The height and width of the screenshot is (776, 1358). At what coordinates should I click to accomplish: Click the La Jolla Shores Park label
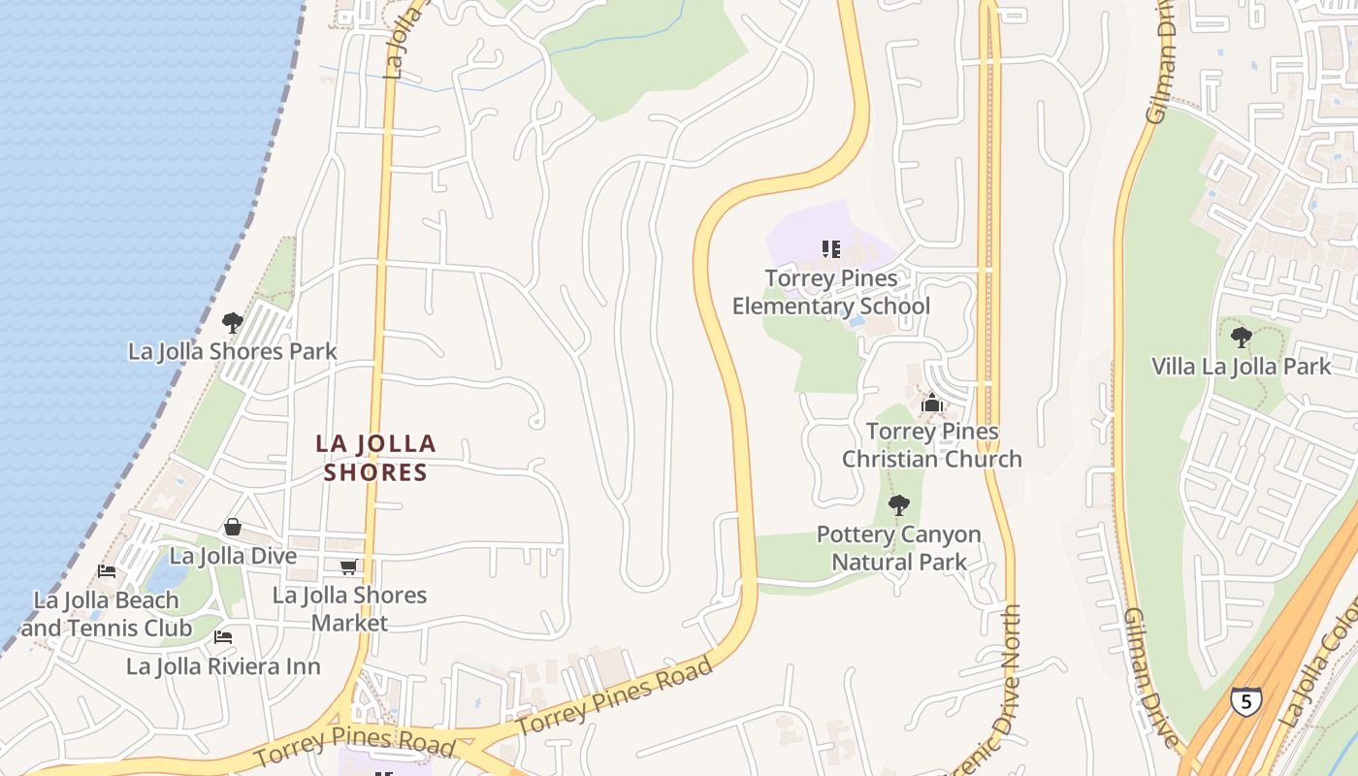233,351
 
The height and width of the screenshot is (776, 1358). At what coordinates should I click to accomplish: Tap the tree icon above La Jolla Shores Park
232,322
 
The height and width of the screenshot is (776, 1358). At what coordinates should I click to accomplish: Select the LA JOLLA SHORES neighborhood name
375,458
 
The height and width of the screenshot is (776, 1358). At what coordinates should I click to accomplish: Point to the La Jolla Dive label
233,557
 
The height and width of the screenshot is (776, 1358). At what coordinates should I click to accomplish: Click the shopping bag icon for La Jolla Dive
233,527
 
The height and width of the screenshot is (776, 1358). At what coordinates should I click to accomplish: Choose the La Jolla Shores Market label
349,608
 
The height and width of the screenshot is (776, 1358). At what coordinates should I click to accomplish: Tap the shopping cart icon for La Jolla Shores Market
348,566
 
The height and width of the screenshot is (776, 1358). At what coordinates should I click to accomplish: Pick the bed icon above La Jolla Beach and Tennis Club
107,571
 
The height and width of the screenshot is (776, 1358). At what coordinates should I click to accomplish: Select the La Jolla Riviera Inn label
223,667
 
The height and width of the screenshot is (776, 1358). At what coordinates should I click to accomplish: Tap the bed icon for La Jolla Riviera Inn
223,637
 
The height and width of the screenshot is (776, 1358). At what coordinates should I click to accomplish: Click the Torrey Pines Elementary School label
831,292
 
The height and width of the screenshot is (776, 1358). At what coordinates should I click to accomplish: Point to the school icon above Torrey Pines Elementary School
831,249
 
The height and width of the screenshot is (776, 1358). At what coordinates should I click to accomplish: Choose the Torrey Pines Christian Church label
932,444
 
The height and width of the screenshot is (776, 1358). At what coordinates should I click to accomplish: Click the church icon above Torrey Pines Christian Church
932,402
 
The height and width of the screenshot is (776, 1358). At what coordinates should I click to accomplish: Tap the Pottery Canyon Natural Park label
899,548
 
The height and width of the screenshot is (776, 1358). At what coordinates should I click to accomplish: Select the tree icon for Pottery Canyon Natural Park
899,504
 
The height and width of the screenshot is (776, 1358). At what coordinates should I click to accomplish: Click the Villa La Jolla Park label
1242,367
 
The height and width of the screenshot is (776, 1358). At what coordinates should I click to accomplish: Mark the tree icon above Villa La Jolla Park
1241,338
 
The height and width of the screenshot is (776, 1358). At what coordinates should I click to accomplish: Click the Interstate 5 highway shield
1246,700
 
